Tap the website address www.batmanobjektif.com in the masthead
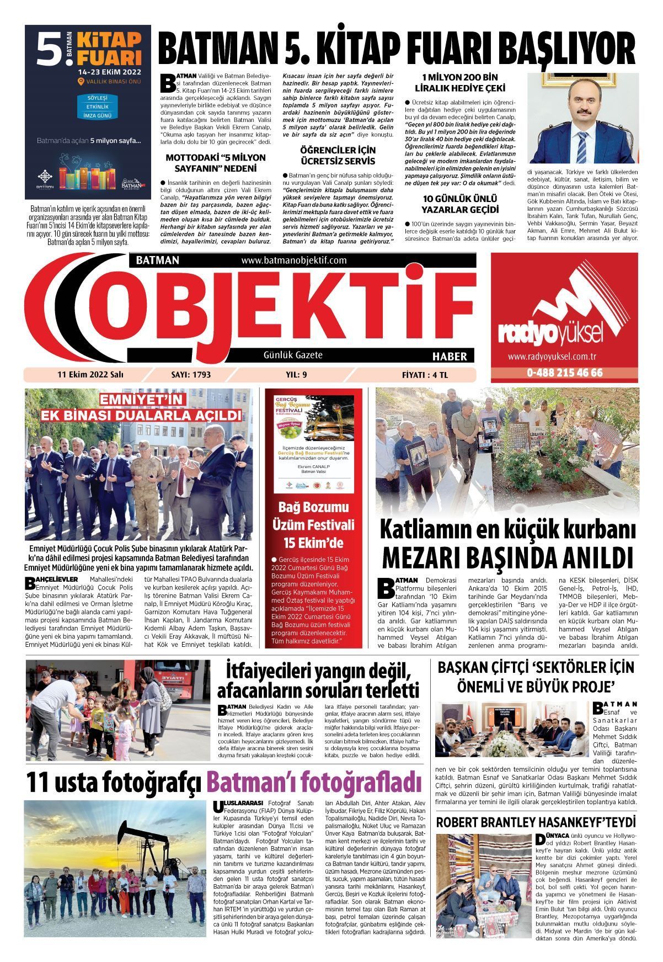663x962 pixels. click(293, 260)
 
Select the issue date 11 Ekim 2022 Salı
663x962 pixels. click(90, 375)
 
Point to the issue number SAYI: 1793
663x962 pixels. click(191, 375)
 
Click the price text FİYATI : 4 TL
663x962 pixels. click(425, 375)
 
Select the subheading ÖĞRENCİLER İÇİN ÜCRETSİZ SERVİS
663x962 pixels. click(337, 156)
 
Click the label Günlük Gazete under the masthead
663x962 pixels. click(293, 355)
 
